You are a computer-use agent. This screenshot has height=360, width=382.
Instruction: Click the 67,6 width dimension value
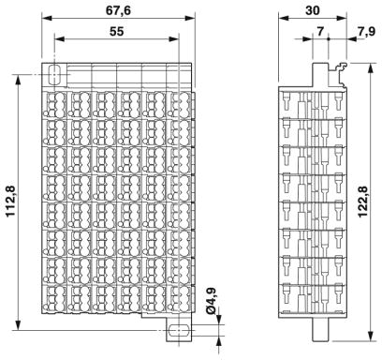(x=118, y=10)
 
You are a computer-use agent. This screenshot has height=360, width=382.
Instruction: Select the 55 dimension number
(x=117, y=32)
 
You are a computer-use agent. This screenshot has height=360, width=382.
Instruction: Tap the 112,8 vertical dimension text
(x=11, y=202)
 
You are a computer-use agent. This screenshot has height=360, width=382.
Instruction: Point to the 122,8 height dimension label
(x=362, y=202)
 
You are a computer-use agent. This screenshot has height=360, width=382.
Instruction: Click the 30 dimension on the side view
(x=313, y=10)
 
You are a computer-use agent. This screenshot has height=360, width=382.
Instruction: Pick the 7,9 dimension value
(x=366, y=32)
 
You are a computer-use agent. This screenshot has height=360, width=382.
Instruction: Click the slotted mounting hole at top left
(x=54, y=74)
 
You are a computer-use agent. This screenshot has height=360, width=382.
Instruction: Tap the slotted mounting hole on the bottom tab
(x=179, y=330)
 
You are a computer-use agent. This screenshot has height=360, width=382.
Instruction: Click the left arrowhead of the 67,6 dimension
(x=47, y=18)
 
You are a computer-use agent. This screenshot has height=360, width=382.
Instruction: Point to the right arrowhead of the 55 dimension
(x=174, y=39)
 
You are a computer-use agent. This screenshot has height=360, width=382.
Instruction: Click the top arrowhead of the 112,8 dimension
(x=19, y=80)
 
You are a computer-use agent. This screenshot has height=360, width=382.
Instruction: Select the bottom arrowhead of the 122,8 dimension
(x=371, y=336)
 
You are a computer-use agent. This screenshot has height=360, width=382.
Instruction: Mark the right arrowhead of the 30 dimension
(x=342, y=18)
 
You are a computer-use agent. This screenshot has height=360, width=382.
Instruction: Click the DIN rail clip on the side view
(x=338, y=76)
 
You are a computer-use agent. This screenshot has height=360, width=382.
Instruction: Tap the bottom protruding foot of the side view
(x=320, y=329)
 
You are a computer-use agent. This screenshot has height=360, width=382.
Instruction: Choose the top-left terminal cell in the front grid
(x=55, y=105)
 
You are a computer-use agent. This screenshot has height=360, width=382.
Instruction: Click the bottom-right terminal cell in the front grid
(x=180, y=298)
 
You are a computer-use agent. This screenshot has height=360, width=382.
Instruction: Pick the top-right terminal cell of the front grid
(x=180, y=105)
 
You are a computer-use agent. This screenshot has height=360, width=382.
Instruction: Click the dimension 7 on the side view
(x=320, y=32)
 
